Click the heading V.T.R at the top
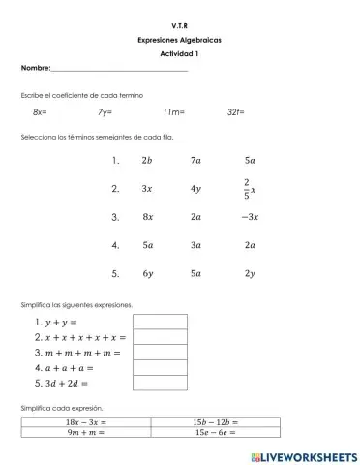[179, 21]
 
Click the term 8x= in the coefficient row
[40, 113]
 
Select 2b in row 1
[146, 161]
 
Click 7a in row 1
[196, 161]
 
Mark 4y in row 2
[196, 189]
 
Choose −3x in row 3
[249, 217]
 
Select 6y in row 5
[147, 273]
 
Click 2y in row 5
[250, 273]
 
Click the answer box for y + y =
[160, 322]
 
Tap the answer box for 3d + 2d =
[160, 383]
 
